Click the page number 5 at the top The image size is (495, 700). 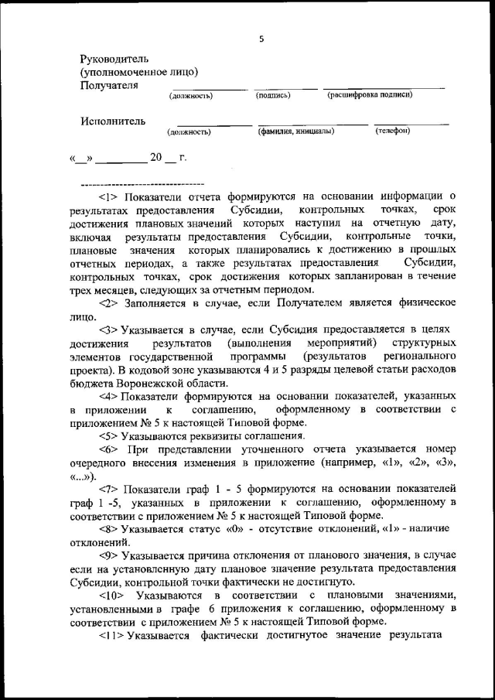pos(261,39)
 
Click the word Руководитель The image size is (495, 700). pos(114,59)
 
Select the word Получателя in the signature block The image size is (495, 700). pos(109,85)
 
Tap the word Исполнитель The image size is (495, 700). pos(112,121)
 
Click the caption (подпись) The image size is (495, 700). pos(272,95)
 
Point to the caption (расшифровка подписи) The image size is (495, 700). pos(370,95)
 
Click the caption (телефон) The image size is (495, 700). pos(393,131)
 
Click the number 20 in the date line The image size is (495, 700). pos(156,158)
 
